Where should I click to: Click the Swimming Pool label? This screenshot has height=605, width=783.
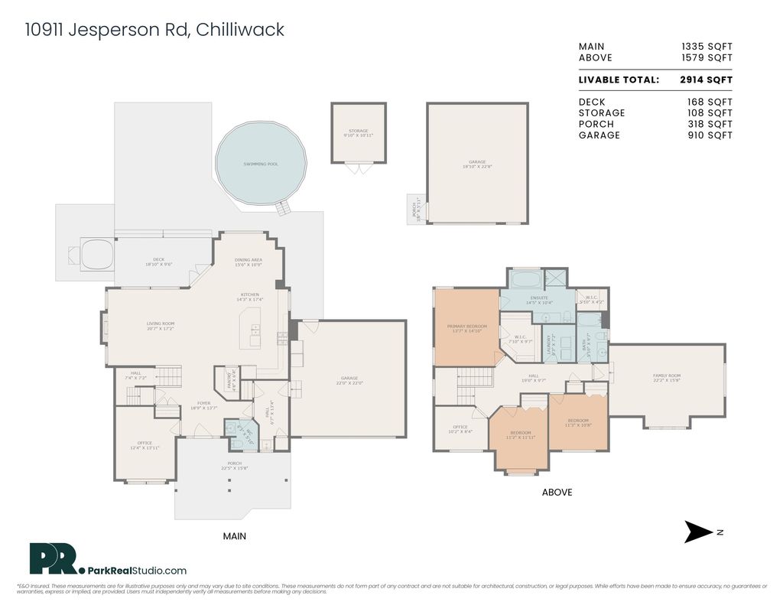(x=261, y=164)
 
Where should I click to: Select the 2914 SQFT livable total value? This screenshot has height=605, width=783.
(x=706, y=80)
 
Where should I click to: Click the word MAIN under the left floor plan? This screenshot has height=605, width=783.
(x=234, y=536)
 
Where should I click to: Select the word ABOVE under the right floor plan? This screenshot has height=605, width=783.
(x=557, y=493)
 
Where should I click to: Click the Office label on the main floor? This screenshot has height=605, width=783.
(x=145, y=444)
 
